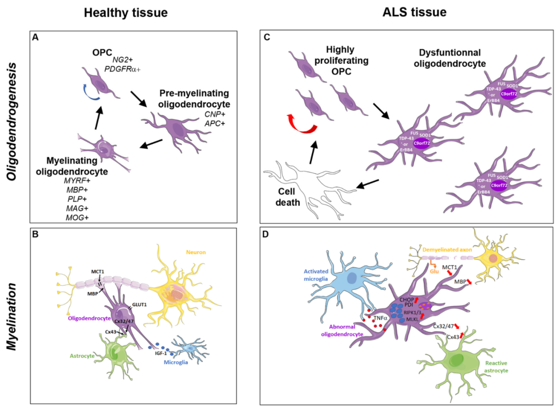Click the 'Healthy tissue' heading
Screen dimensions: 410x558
[x=126, y=13]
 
